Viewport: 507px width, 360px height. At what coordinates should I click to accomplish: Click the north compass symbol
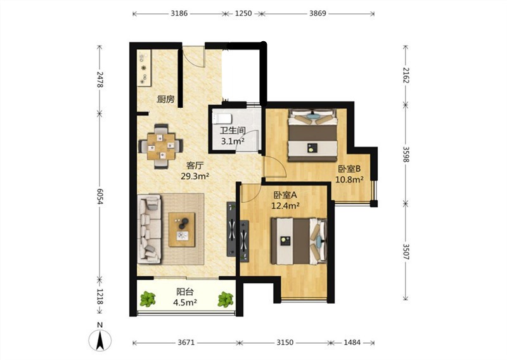100,340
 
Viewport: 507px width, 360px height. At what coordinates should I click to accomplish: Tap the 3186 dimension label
179,13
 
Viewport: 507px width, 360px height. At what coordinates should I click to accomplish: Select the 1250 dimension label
243,13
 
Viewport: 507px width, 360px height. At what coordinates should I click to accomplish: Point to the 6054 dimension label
99,196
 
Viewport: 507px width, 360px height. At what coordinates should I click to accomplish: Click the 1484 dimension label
352,342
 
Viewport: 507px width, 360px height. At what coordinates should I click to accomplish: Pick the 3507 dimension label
406,252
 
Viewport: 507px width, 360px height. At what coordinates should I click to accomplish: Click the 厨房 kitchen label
165,99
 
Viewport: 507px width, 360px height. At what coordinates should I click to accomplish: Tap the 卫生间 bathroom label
233,131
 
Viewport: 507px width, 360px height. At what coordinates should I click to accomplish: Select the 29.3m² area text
195,176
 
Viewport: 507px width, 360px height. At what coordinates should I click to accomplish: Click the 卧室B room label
349,169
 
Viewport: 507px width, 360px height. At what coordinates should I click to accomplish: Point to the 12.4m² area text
285,205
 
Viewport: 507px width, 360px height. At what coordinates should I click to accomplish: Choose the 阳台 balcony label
185,292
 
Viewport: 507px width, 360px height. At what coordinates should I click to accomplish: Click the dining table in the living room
161,146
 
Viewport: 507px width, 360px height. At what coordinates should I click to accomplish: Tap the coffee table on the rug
182,229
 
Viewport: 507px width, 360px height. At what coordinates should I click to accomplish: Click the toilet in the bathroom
221,119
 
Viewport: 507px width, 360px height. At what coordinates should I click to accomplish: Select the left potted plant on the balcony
148,299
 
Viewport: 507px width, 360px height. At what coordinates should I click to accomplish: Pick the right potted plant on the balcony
226,300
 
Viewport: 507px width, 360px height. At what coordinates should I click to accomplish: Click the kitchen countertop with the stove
144,68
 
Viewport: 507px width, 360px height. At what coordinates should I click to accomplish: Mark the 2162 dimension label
406,75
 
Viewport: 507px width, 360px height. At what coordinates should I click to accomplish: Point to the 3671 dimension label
186,342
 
